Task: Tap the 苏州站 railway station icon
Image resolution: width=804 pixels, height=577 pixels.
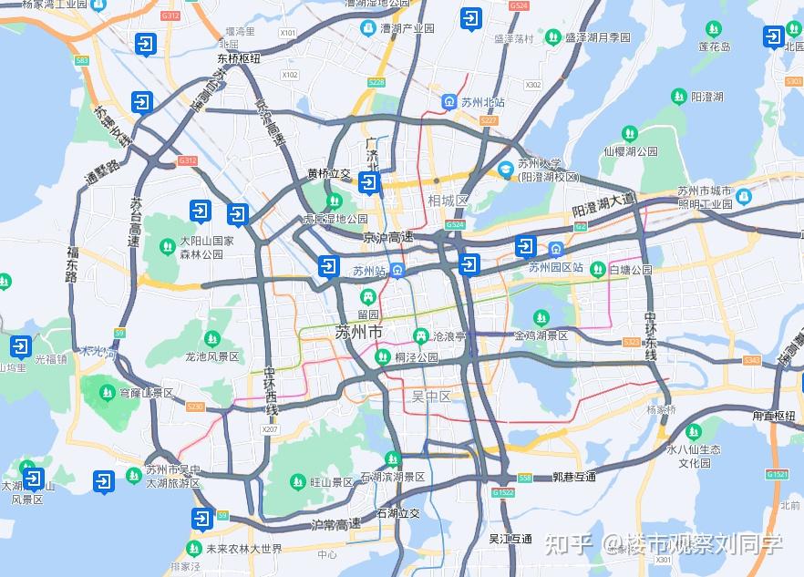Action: pos(397,271)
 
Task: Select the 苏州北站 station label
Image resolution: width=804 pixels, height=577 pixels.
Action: pos(483,102)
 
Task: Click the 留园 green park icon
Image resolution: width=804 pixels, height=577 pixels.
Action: pos(368,297)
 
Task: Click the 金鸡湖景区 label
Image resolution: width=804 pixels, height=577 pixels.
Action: pos(541,335)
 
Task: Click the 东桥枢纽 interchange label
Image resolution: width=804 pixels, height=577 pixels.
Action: pos(238,57)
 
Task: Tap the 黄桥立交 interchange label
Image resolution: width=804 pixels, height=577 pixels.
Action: pos(329,173)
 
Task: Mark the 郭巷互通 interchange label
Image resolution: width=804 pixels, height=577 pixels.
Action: pos(573,477)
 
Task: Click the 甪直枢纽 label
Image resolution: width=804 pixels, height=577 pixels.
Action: pos(774,416)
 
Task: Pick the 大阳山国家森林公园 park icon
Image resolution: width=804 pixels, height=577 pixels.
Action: pos(167,246)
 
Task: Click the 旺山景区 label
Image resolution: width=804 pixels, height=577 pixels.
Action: pos(331,481)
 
